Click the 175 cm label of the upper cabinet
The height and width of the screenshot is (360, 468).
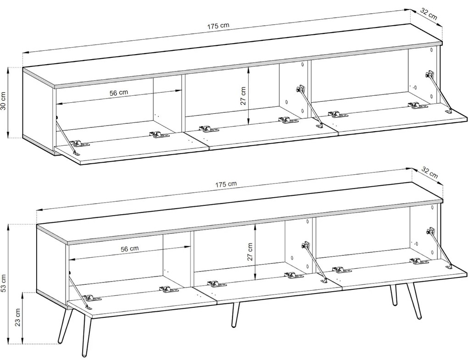pyautogui.click(x=218, y=26)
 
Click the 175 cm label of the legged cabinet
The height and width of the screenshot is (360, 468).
pyautogui.click(x=226, y=184)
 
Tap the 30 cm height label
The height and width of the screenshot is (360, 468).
pyautogui.click(x=4, y=100)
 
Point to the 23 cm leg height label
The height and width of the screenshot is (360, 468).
pyautogui.click(x=17, y=317)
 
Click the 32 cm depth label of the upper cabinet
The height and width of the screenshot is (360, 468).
pyautogui.click(x=429, y=14)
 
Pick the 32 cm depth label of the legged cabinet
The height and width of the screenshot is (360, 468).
pyautogui.click(x=429, y=173)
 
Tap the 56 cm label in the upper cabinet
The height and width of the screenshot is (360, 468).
pyautogui.click(x=118, y=93)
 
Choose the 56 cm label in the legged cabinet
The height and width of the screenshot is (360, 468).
pyautogui.click(x=129, y=249)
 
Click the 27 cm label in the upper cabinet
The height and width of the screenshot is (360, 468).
pyautogui.click(x=243, y=96)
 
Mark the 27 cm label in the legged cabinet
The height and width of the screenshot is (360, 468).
pyautogui.click(x=250, y=252)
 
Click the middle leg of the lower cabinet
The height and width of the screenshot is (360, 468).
pyautogui.click(x=235, y=315)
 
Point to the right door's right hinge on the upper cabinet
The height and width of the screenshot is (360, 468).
pyautogui.click(x=418, y=105)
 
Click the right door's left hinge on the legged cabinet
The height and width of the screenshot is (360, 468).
pyautogui.click(x=342, y=270)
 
